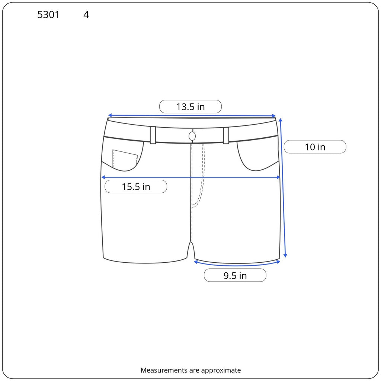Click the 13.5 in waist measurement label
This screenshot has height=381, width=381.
coord(190,107)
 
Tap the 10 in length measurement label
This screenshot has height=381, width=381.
coord(315,147)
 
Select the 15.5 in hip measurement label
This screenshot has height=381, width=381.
coord(136,187)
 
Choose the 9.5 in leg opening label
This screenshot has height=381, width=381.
coord(235,276)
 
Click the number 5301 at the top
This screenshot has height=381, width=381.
coord(48,15)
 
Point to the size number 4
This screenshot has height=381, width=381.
coord(86,15)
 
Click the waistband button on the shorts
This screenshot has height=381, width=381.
coord(192,136)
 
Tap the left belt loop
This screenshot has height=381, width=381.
coord(153,135)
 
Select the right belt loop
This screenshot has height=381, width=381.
coord(226,135)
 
